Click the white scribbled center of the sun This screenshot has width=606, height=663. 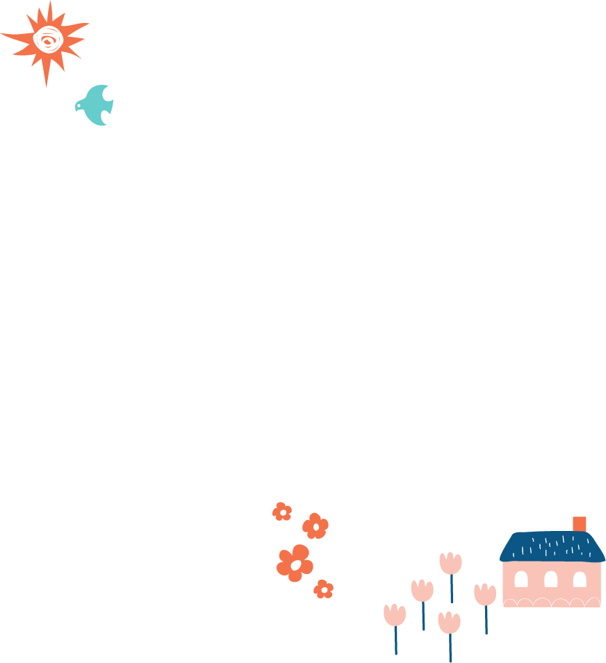point(48,39)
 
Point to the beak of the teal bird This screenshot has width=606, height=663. point(76,106)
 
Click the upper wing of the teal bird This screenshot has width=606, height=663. point(100,92)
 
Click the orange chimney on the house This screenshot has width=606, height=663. point(579,524)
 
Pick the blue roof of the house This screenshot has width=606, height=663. point(552,546)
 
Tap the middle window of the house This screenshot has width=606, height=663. point(550,579)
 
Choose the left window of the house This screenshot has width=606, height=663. point(521,579)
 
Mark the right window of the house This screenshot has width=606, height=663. point(580,579)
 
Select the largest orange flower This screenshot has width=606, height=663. point(295,563)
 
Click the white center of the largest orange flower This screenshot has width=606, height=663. point(296,565)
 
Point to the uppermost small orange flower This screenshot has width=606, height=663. point(282,511)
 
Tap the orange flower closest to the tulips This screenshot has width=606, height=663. point(323,589)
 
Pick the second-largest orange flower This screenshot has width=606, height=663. point(316,526)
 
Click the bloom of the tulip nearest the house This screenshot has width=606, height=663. point(485,595)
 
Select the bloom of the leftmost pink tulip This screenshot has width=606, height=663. point(394,615)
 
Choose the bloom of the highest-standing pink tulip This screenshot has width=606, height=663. point(450,563)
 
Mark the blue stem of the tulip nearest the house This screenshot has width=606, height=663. point(486,620)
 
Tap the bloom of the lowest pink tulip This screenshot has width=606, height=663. point(449,623)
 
